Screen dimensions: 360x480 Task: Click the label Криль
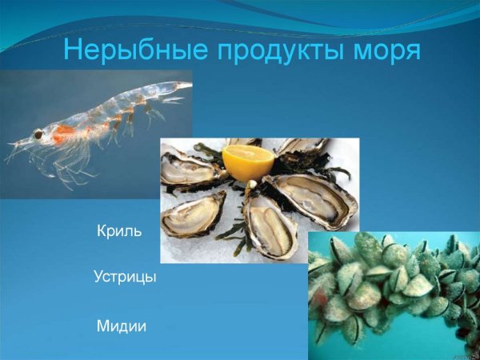tap(119, 232)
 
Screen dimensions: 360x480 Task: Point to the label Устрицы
tap(125, 278)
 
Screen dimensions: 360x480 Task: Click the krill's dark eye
tap(38, 135)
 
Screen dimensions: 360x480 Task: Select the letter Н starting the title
tap(73, 50)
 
